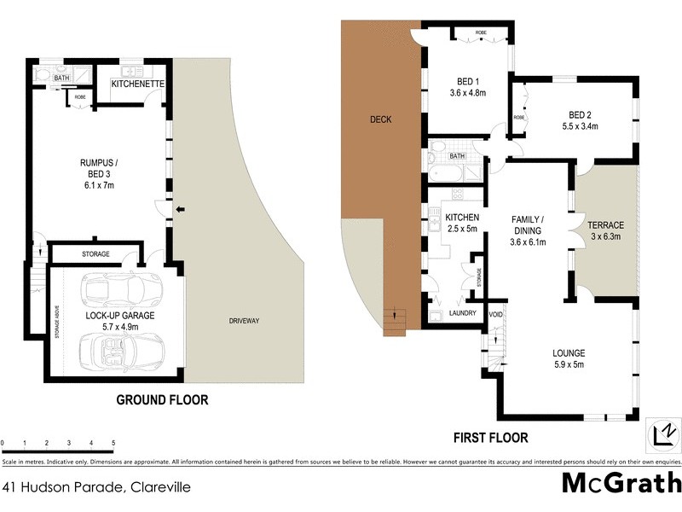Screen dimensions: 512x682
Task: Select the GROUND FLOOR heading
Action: click(x=162, y=399)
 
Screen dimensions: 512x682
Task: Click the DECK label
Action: click(x=380, y=119)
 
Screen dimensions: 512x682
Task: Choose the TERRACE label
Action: click(x=606, y=225)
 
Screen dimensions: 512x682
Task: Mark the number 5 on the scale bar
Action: click(x=113, y=443)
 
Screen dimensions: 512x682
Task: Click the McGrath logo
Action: click(x=621, y=483)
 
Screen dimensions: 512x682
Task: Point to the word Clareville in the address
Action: click(x=159, y=487)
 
